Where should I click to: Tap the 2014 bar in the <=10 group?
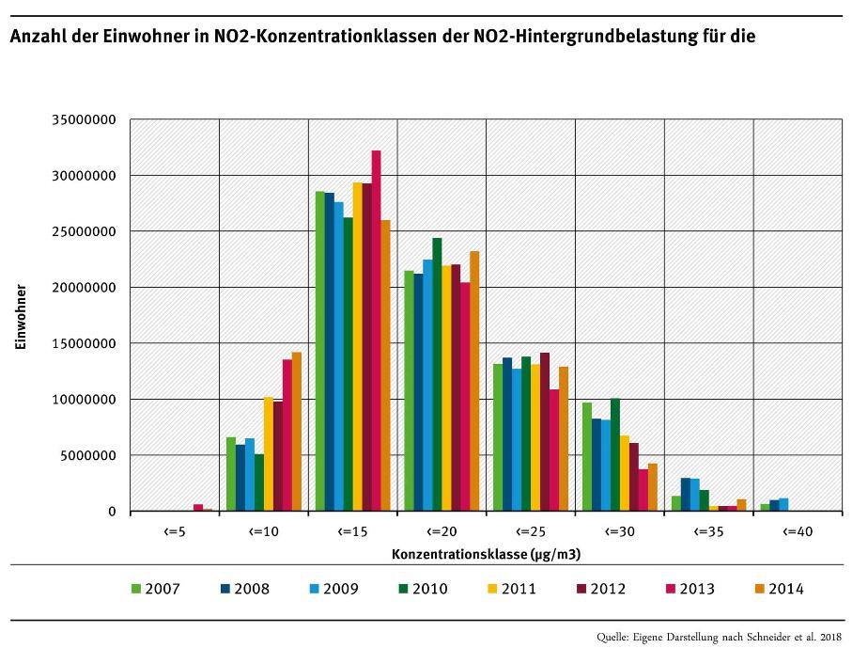(x=296, y=432)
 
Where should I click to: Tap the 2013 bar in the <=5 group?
(x=198, y=508)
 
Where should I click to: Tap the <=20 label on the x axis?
(x=442, y=531)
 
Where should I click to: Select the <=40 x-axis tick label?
(x=798, y=531)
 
